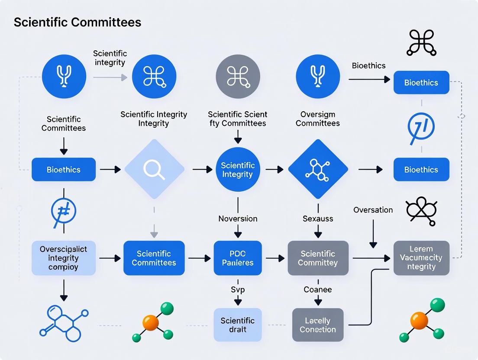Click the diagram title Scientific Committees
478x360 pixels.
[78, 22]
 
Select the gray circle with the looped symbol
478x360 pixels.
[238, 77]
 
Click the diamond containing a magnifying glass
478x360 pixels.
[154, 169]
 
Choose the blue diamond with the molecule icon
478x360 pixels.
[318, 169]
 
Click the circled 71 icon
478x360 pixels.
[421, 126]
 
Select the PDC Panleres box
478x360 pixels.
[238, 258]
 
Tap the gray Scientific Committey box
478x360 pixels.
[318, 258]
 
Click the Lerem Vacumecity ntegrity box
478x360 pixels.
[421, 258]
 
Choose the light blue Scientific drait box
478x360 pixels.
[238, 325]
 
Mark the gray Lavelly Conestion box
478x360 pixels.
[318, 325]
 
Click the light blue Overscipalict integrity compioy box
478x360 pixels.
[63, 258]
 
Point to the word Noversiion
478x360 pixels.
[238, 219]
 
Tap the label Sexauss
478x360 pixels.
[318, 219]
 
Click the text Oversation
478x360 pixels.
[373, 210]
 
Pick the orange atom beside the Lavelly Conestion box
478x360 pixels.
[419, 321]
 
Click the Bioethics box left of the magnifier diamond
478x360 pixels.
[63, 170]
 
